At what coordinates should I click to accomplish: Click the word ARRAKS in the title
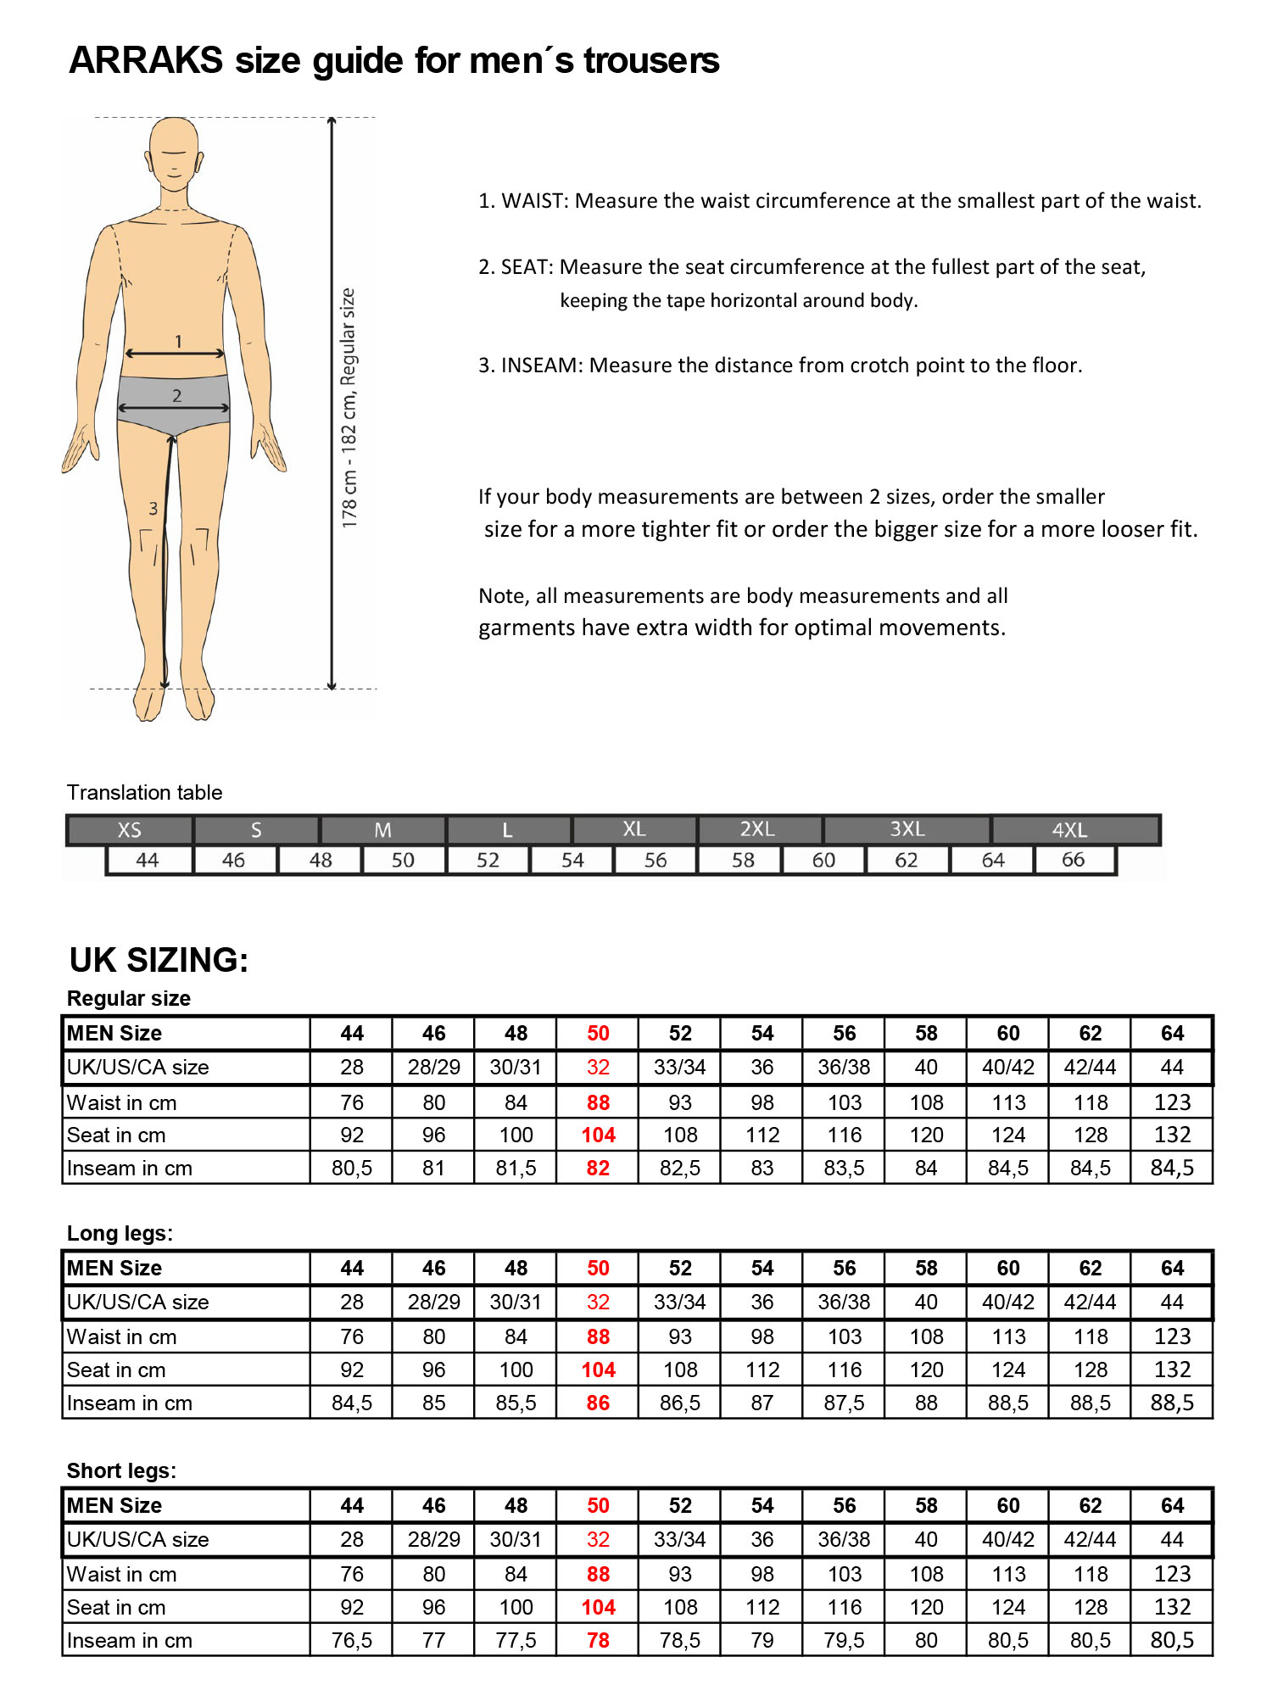click(146, 61)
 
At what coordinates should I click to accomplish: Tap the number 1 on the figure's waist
click(178, 341)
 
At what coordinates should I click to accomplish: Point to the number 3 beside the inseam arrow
click(153, 509)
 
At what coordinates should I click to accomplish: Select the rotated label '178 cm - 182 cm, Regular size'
click(349, 408)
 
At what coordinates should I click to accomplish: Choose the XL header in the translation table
click(633, 829)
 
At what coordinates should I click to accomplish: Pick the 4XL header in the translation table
click(1069, 830)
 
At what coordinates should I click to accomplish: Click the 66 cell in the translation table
click(1073, 860)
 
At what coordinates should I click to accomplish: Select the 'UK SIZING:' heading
click(159, 960)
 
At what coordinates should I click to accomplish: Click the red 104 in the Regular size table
click(598, 1135)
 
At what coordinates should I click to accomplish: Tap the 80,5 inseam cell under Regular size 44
click(351, 1168)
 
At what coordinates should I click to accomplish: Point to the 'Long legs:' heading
click(120, 1233)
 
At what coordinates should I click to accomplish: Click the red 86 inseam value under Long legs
click(598, 1403)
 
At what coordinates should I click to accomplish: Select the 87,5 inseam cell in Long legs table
click(844, 1403)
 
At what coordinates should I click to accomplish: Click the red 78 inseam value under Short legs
click(598, 1640)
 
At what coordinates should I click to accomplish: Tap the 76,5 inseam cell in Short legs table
click(351, 1640)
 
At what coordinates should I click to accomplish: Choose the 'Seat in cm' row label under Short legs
click(116, 1607)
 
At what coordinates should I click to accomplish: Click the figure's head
click(174, 153)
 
